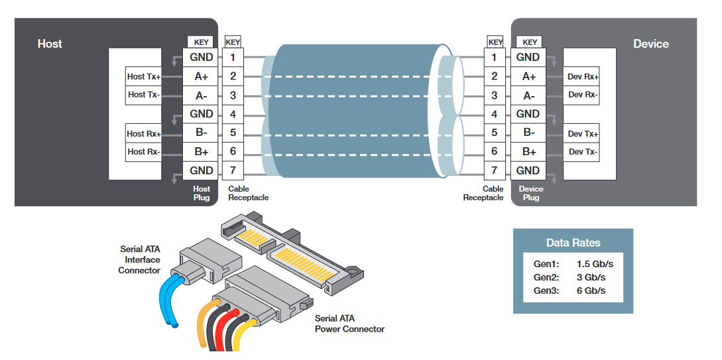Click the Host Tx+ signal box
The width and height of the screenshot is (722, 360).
click(x=144, y=76)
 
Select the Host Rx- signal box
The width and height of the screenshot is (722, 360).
click(x=144, y=152)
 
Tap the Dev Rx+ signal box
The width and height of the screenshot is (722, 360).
click(x=583, y=76)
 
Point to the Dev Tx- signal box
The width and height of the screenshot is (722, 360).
click(x=583, y=152)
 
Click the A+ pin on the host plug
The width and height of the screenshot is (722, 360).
click(x=202, y=76)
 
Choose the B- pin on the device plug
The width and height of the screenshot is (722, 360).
click(x=528, y=133)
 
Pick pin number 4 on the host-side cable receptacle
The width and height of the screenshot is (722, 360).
click(x=233, y=114)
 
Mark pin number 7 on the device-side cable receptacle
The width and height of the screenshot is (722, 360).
click(x=494, y=170)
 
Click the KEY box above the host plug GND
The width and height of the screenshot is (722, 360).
click(x=202, y=42)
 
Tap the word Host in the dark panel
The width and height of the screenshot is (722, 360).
click(x=50, y=44)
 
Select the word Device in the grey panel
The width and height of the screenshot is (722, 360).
click(x=650, y=44)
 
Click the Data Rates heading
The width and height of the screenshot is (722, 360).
click(x=573, y=243)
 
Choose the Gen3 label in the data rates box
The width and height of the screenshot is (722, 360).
click(x=546, y=290)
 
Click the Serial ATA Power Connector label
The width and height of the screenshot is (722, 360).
click(x=349, y=324)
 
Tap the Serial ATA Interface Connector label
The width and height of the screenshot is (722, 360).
click(x=140, y=260)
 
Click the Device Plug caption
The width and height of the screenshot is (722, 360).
click(x=530, y=193)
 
